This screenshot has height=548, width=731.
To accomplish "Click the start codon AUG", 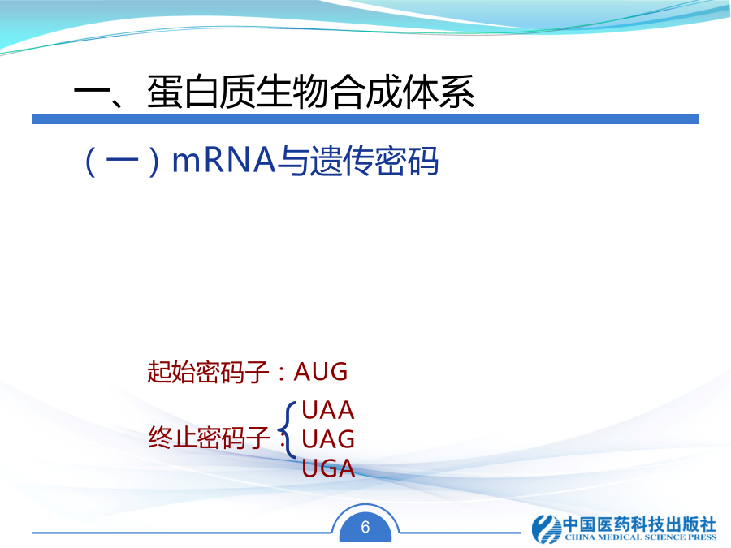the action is (x=321, y=372).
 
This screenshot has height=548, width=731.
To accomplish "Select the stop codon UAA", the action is (x=328, y=410).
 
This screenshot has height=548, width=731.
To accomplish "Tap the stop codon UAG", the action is (x=328, y=439).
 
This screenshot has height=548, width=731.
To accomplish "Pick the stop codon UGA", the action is (x=328, y=468).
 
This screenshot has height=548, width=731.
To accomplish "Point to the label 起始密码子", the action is (x=208, y=372).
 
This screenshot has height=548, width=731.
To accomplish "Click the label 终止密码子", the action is (x=209, y=438).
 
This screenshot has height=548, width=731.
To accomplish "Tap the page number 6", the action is (x=365, y=527).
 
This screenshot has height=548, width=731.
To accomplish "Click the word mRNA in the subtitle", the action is (x=224, y=160).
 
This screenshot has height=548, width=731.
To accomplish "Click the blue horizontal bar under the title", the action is (x=365, y=119).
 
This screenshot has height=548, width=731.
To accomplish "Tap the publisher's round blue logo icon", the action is (x=547, y=529).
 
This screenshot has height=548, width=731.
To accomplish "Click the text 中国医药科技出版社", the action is (x=640, y=524).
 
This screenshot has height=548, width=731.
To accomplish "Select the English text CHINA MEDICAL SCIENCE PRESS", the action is (x=641, y=537).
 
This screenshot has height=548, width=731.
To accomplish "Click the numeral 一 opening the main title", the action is (x=91, y=92).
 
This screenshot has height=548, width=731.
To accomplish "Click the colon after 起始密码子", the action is (x=281, y=373).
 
